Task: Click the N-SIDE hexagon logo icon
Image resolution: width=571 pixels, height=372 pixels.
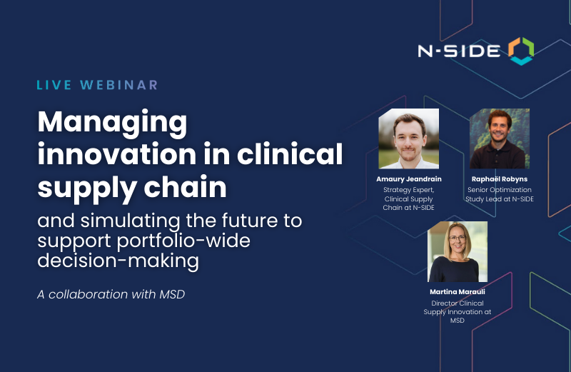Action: click(x=520, y=51)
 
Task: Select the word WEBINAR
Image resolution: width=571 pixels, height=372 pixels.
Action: click(x=118, y=85)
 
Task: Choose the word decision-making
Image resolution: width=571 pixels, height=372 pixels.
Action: click(x=118, y=261)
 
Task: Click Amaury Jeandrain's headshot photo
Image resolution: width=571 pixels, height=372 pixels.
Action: click(x=408, y=139)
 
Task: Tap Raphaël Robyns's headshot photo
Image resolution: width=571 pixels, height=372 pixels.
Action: click(x=500, y=139)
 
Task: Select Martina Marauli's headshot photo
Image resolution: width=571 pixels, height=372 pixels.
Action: click(x=458, y=251)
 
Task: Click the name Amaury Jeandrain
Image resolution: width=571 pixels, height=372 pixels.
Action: click(x=408, y=179)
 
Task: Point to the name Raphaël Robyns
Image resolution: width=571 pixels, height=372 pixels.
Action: click(x=500, y=179)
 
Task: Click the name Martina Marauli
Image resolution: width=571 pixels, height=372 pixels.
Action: click(x=458, y=292)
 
